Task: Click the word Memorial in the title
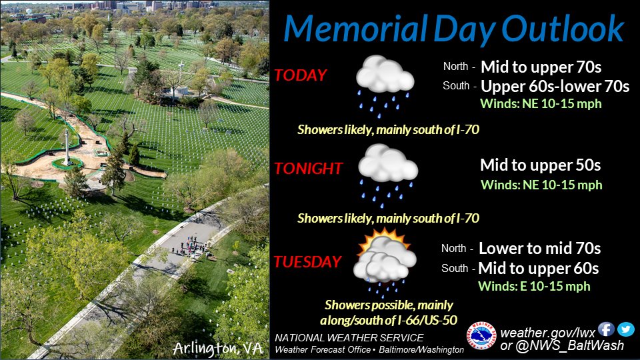click(355, 29)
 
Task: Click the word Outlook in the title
click(563, 29)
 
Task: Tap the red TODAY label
click(301, 75)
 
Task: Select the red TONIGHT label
click(308, 168)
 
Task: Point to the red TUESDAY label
click(307, 261)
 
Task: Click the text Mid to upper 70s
click(541, 67)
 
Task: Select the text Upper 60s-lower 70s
click(555, 86)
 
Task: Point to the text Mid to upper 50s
click(541, 165)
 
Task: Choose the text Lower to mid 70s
click(539, 248)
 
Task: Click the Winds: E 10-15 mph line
click(534, 286)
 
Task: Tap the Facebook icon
click(606, 329)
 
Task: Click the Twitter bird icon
click(626, 329)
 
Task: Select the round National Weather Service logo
click(481, 336)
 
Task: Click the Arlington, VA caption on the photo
click(217, 348)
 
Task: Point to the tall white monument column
click(67, 146)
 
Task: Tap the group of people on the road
click(190, 246)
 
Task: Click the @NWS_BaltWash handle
click(570, 346)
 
